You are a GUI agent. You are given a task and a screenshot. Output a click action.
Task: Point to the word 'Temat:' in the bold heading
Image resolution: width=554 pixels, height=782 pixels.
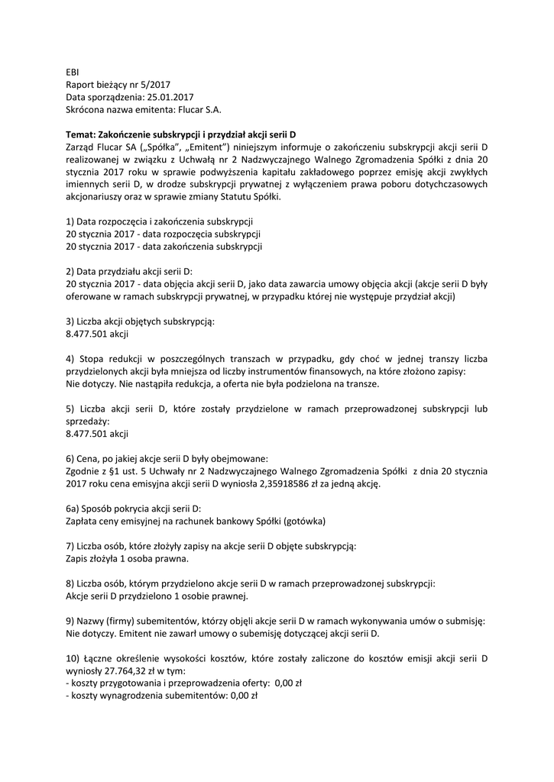(81, 134)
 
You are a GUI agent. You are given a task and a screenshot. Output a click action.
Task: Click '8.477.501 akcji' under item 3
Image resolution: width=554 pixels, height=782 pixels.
(98, 334)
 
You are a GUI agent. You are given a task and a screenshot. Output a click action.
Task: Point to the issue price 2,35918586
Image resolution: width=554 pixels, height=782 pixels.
(283, 483)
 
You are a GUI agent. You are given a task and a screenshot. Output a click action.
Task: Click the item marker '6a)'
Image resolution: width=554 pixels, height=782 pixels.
(73, 508)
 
